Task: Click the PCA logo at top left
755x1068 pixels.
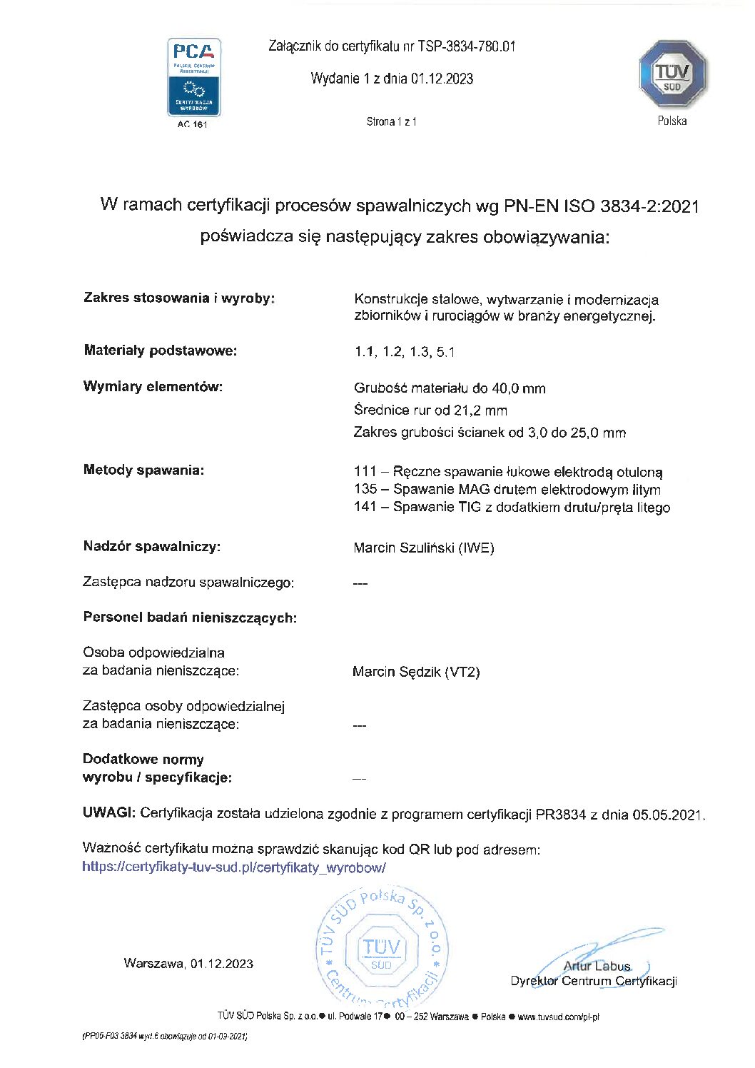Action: pyautogui.click(x=193, y=77)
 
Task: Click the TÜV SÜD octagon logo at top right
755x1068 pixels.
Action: pyautogui.click(x=672, y=75)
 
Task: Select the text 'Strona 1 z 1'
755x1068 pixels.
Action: pyautogui.click(x=391, y=121)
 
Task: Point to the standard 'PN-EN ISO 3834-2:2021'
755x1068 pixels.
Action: pyautogui.click(x=601, y=206)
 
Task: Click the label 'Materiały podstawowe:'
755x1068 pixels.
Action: pyautogui.click(x=160, y=351)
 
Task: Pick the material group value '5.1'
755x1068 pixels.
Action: pyautogui.click(x=445, y=352)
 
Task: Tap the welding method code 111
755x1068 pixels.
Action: pyautogui.click(x=365, y=472)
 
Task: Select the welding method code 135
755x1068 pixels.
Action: pyautogui.click(x=365, y=490)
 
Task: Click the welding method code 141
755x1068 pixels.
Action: pyautogui.click(x=365, y=508)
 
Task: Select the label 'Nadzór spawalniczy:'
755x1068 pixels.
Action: pyautogui.click(x=152, y=547)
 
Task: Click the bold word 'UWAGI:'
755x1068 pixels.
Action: pyautogui.click(x=108, y=813)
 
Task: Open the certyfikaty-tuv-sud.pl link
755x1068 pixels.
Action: pyautogui.click(x=233, y=867)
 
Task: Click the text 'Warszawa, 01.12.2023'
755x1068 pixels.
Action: pyautogui.click(x=188, y=964)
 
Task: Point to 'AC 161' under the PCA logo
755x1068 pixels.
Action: pyautogui.click(x=193, y=124)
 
